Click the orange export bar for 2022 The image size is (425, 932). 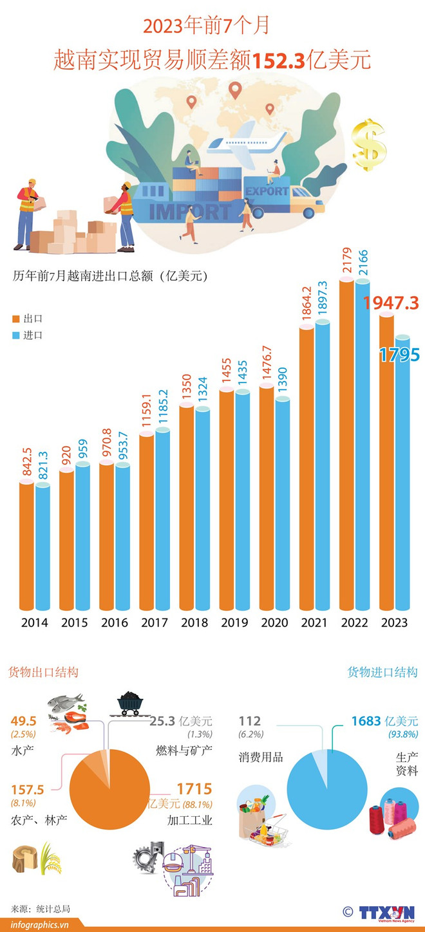(x=346, y=444)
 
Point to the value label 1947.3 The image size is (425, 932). (x=391, y=302)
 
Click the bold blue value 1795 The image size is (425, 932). (x=399, y=355)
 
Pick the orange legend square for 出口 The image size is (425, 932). (x=16, y=319)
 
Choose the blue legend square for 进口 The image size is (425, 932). (x=16, y=335)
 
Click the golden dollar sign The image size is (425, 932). (x=369, y=145)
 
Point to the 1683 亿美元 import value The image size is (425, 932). (x=384, y=721)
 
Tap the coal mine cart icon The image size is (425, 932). (x=129, y=703)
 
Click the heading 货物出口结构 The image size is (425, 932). (x=43, y=672)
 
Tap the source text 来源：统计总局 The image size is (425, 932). (x=40, y=908)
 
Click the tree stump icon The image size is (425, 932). (x=24, y=857)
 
